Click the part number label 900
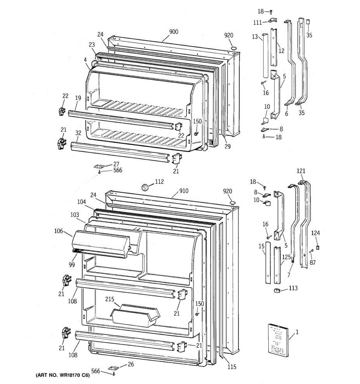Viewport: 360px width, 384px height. [173, 32]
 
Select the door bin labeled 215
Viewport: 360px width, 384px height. [134, 315]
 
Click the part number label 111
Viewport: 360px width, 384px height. [257, 22]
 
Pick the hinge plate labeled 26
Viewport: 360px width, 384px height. [113, 368]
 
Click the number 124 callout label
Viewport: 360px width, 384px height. [315, 233]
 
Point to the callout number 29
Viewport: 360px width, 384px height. [227, 147]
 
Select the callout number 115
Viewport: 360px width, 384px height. [232, 367]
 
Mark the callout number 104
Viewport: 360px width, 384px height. [81, 202]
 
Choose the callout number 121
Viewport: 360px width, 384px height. [301, 171]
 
